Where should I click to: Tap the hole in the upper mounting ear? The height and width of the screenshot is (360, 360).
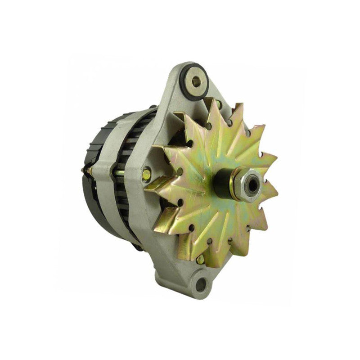[196, 81]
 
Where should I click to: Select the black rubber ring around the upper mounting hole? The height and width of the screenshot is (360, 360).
[184, 85]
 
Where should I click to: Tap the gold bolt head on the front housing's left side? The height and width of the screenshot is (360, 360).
[147, 174]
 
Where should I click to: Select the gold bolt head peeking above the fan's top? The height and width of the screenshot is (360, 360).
[218, 104]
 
